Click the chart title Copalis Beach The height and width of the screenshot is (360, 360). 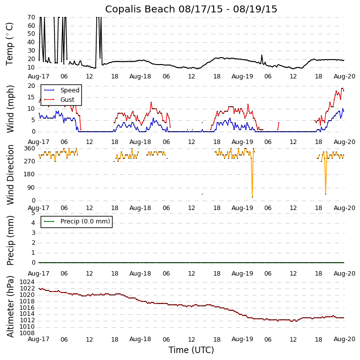[x=191, y=9]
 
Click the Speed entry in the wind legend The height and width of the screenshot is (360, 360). [x=69, y=90]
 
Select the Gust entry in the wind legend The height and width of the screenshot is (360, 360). [x=67, y=100]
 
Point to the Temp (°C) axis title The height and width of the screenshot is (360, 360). [x=10, y=43]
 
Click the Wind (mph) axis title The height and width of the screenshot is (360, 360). [x=10, y=109]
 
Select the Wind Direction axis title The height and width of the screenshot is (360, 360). [x=10, y=175]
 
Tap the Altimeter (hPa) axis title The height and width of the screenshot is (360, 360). [x=10, y=306]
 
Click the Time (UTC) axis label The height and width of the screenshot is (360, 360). [x=191, y=350]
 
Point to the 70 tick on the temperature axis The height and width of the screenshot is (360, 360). [x=31, y=17]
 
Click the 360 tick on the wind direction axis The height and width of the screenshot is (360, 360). [x=29, y=148]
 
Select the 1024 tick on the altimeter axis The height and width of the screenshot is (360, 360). [x=27, y=282]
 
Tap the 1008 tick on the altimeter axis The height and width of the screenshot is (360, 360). [x=27, y=333]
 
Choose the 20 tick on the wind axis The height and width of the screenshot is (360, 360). [x=31, y=86]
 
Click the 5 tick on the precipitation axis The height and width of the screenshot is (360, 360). [x=33, y=213]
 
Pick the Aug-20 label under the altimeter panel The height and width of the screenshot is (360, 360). [x=344, y=339]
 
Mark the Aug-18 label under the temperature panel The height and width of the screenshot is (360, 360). [x=140, y=77]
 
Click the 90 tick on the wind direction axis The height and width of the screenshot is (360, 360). [x=31, y=188]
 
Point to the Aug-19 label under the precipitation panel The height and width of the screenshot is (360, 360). [x=242, y=274]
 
